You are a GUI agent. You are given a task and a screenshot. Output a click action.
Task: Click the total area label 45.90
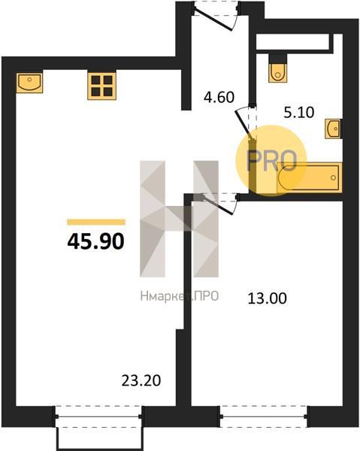(95, 241)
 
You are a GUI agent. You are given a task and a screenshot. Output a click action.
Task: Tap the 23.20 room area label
(141, 381)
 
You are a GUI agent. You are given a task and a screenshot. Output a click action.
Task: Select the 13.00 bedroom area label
(267, 298)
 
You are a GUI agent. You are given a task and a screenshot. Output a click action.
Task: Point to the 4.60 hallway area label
(219, 97)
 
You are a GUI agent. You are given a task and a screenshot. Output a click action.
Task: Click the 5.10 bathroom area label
(299, 113)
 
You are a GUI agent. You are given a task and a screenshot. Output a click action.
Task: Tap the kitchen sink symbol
(29, 83)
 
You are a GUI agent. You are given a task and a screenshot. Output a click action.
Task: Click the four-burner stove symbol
(101, 86)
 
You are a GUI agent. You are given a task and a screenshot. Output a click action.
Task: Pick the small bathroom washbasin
(334, 129)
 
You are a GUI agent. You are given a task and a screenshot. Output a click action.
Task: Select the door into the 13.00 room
(219, 204)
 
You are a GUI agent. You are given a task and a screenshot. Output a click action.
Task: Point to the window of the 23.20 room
(98, 416)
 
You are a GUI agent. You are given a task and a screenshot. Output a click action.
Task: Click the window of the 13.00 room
(264, 416)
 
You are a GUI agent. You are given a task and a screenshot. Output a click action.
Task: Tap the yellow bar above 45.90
(96, 222)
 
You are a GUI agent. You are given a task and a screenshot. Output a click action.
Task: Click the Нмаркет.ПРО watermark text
(180, 296)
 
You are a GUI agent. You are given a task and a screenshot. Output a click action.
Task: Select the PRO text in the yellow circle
(272, 161)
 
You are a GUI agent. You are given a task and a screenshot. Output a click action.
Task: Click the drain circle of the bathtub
(333, 177)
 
